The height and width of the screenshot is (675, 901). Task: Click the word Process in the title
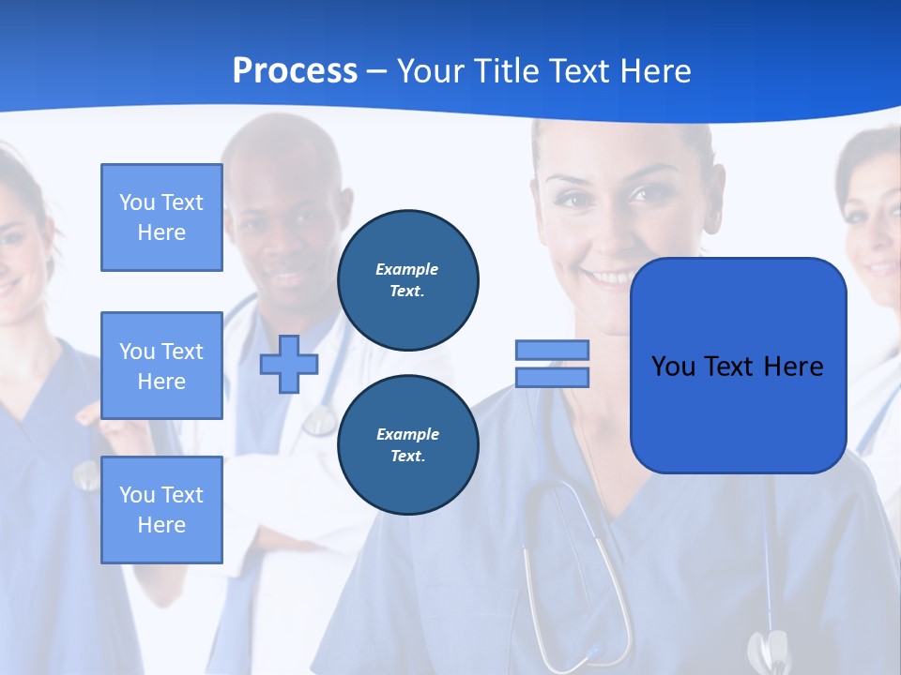coord(295,71)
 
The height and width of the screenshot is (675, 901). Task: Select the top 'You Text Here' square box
coord(161,217)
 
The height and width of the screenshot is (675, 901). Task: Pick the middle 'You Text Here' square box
coord(161,366)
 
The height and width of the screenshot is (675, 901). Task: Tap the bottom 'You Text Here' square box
coord(161,510)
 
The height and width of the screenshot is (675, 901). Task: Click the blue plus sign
coord(289,365)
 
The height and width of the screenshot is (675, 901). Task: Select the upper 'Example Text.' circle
coord(407,280)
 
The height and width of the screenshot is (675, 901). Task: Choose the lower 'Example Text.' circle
coord(407,445)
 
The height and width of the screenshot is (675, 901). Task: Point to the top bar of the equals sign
coord(552,351)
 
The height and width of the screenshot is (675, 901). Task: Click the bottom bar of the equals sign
coord(552,378)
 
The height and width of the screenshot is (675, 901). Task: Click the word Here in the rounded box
coord(793,367)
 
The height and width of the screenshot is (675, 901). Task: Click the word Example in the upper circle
coord(407,270)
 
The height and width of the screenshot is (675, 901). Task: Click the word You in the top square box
coord(137,202)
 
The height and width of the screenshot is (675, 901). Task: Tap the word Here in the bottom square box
coord(161,525)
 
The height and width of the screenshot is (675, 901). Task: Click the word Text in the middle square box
coord(183,352)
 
